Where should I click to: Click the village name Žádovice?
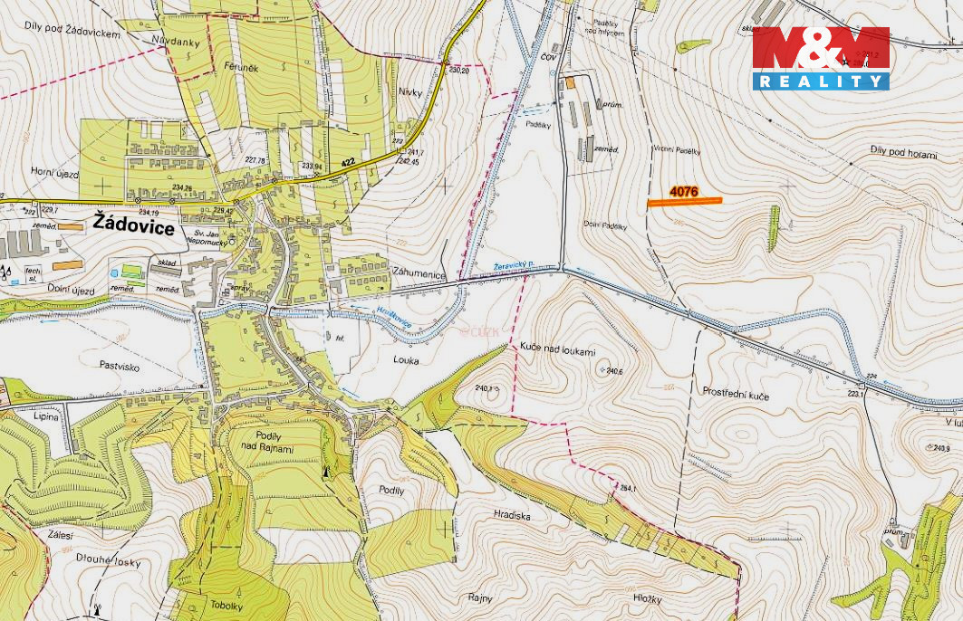click(134, 226)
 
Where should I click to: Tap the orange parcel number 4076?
click(683, 192)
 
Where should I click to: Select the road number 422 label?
click(348, 162)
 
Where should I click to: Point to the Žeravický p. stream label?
click(514, 265)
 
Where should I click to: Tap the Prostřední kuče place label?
click(736, 392)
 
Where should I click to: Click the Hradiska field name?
click(512, 515)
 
